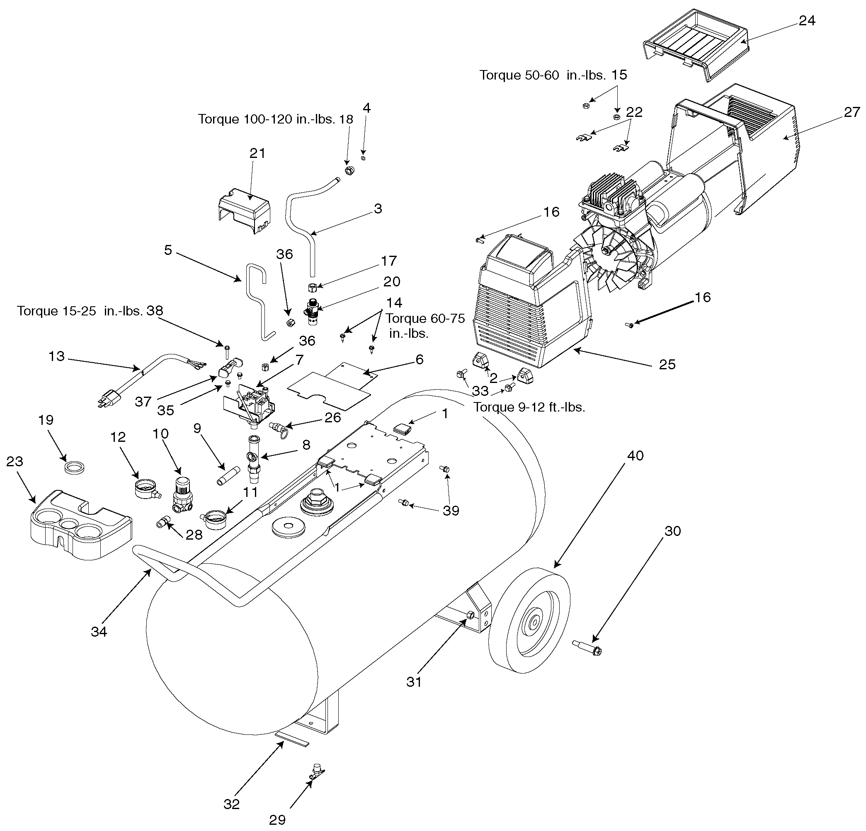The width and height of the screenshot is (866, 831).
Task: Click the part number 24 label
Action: click(807, 21)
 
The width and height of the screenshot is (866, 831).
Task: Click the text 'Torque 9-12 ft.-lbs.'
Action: click(529, 407)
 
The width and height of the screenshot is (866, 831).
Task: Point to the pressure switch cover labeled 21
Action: click(243, 210)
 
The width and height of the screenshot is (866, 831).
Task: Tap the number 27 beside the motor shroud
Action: click(852, 112)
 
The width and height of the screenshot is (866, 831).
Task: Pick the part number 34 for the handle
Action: click(99, 632)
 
